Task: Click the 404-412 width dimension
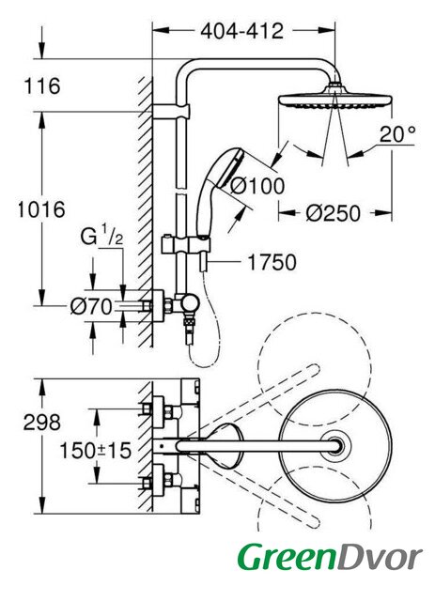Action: click(242, 31)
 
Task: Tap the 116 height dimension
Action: click(42, 85)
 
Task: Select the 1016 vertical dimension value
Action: click(41, 209)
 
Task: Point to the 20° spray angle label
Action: click(397, 133)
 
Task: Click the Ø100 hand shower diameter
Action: click(257, 187)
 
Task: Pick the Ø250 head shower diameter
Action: click(333, 213)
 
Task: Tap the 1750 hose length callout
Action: click(272, 263)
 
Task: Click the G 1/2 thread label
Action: click(101, 237)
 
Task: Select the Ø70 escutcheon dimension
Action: click(91, 307)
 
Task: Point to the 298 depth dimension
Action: click(42, 423)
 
